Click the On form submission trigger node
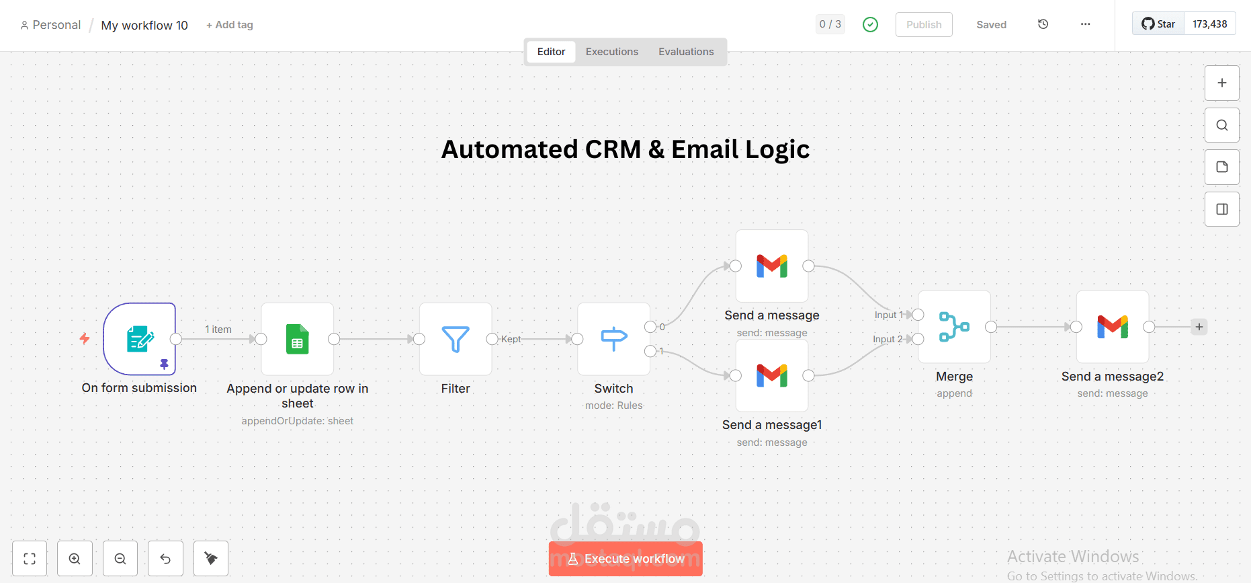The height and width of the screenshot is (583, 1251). (x=140, y=339)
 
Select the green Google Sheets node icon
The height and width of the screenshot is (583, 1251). (x=298, y=339)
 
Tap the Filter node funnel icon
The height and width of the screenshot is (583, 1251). (x=456, y=339)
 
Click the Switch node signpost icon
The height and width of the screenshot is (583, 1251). (x=614, y=339)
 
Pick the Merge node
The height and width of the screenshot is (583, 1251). (x=955, y=327)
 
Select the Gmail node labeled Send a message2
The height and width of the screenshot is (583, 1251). (x=1113, y=327)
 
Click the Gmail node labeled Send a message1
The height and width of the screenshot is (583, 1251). (x=772, y=375)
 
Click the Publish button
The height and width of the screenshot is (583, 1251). (x=924, y=24)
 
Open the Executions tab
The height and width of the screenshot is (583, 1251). (x=612, y=52)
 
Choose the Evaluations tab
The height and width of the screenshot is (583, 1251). (x=686, y=52)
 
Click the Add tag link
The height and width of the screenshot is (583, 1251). (x=230, y=25)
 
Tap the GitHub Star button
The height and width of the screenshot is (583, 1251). (x=1158, y=24)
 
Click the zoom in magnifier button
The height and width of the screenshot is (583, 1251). (x=75, y=559)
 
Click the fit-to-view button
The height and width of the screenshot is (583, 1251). (x=30, y=559)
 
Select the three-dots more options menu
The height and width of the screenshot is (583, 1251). (x=1086, y=24)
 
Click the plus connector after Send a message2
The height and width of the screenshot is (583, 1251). (x=1199, y=327)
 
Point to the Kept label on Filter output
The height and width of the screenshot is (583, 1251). (x=511, y=339)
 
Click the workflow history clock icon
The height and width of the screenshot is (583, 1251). (x=1043, y=24)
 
